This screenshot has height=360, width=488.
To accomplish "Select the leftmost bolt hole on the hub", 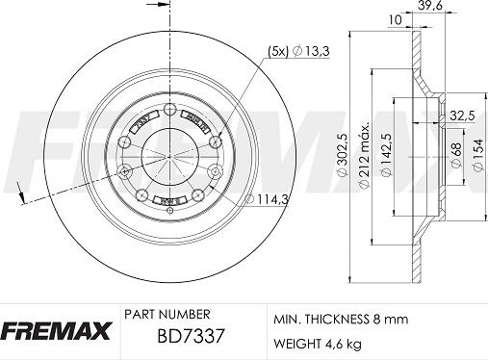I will (x=124, y=173).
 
